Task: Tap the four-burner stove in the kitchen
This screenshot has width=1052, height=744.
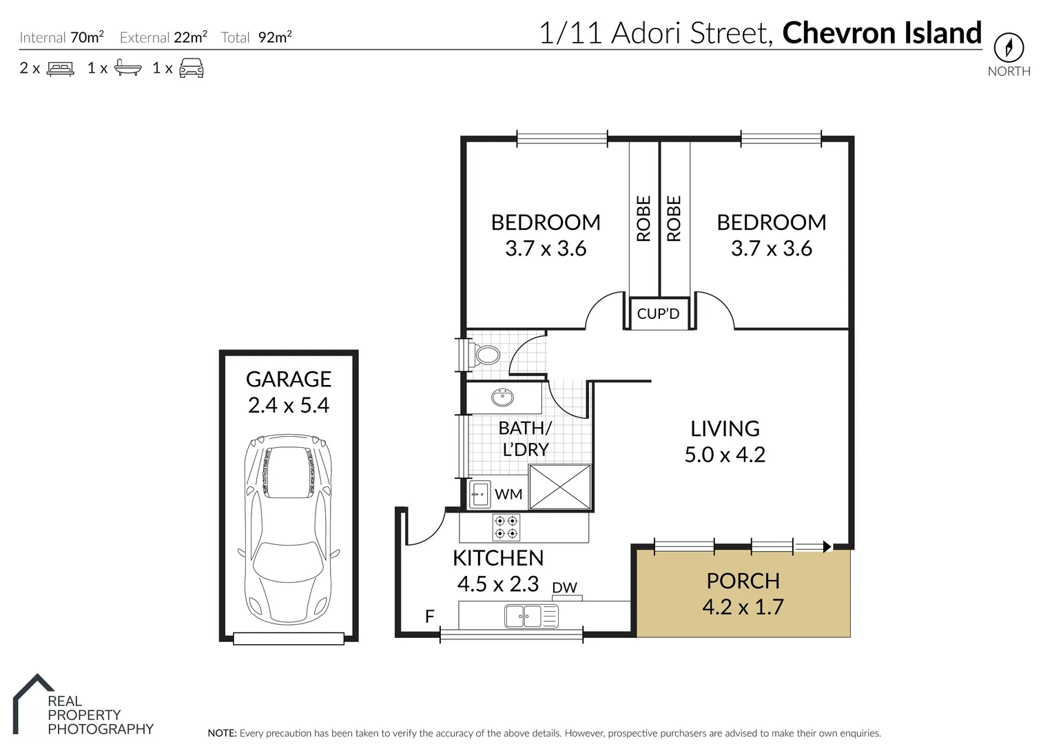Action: point(506,528)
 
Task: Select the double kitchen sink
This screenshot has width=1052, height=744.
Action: point(531,616)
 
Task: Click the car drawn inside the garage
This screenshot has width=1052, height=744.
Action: point(289,528)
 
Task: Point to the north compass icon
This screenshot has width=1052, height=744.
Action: point(1009,48)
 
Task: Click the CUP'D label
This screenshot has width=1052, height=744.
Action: point(658,314)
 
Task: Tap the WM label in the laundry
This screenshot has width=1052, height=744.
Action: point(508,494)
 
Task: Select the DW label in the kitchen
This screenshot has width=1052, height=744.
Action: point(565,588)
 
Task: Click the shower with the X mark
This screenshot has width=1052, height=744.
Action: point(560,487)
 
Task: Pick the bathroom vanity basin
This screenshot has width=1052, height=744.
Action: point(502,397)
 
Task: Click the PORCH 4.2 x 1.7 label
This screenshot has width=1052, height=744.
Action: point(743,594)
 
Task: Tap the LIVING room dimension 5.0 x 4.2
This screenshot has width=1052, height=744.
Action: point(725,455)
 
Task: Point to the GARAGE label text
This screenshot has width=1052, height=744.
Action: point(289,380)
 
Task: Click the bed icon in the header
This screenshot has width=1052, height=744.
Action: point(60,68)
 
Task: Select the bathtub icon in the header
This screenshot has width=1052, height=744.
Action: point(128,68)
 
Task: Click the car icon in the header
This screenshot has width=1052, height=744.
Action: point(192,68)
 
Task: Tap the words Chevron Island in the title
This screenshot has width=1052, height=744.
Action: point(882,32)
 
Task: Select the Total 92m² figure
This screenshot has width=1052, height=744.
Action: point(275,37)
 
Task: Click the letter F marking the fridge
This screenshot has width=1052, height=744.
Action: point(430,617)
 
